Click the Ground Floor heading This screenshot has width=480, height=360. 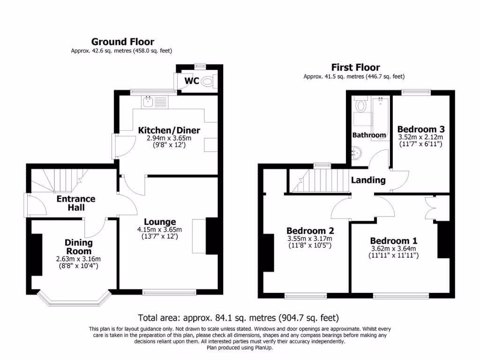point(122,42)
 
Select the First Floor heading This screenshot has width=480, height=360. point(355,67)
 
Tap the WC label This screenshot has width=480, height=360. point(192,81)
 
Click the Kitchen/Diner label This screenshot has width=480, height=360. point(169,130)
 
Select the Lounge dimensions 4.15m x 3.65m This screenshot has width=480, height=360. point(159,230)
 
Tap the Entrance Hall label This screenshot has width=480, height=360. point(75,202)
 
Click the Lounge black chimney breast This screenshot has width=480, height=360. point(212,236)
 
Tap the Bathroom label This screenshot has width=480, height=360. point(369,135)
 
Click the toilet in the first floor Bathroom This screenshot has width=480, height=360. point(360,105)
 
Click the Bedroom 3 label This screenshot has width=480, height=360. point(420,129)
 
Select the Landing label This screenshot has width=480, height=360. point(368,180)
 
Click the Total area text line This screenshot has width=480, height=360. point(238,318)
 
